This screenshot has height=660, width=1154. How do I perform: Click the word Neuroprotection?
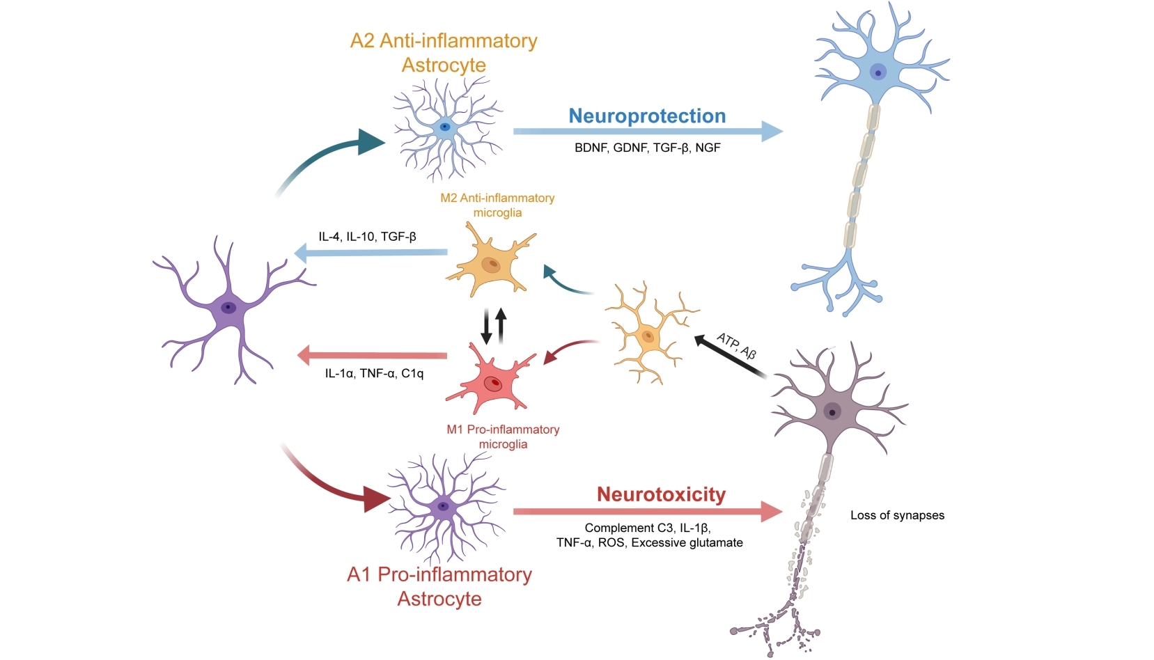point(647,116)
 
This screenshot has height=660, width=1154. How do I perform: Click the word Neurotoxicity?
point(661,494)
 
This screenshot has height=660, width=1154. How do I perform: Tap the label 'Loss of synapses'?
point(897,515)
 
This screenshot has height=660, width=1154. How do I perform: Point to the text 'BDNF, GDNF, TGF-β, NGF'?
point(647,148)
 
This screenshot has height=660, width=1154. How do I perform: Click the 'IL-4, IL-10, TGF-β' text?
point(367,237)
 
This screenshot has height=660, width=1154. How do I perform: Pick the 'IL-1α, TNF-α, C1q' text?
point(374,374)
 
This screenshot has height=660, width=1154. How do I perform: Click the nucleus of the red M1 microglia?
point(494,383)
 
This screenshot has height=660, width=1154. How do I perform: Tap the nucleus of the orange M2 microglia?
point(492,265)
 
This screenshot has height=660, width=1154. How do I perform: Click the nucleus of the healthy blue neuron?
point(878,72)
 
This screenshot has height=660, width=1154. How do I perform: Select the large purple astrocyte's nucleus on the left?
point(228,307)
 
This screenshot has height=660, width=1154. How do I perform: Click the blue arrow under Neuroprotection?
point(647,131)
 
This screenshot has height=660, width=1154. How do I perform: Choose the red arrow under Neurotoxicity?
point(647,512)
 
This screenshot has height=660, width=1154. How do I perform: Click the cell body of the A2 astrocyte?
point(444,127)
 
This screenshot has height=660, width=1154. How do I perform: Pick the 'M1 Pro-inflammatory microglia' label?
point(503,437)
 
